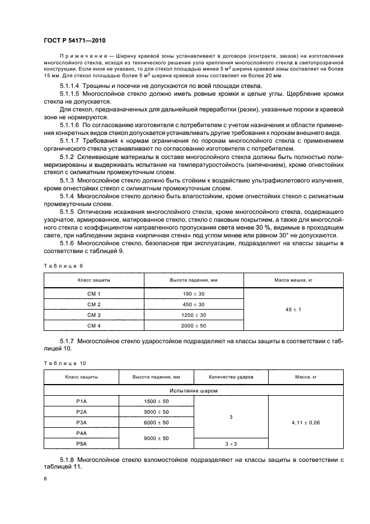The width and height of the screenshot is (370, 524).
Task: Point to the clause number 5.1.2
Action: click(68, 158)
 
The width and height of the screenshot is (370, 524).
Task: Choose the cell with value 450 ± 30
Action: click(194, 304)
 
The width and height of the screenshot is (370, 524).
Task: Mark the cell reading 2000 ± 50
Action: click(194, 325)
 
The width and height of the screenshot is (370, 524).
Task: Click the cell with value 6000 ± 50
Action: click(156, 422)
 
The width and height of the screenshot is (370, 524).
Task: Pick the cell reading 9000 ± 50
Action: click(156, 438)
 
